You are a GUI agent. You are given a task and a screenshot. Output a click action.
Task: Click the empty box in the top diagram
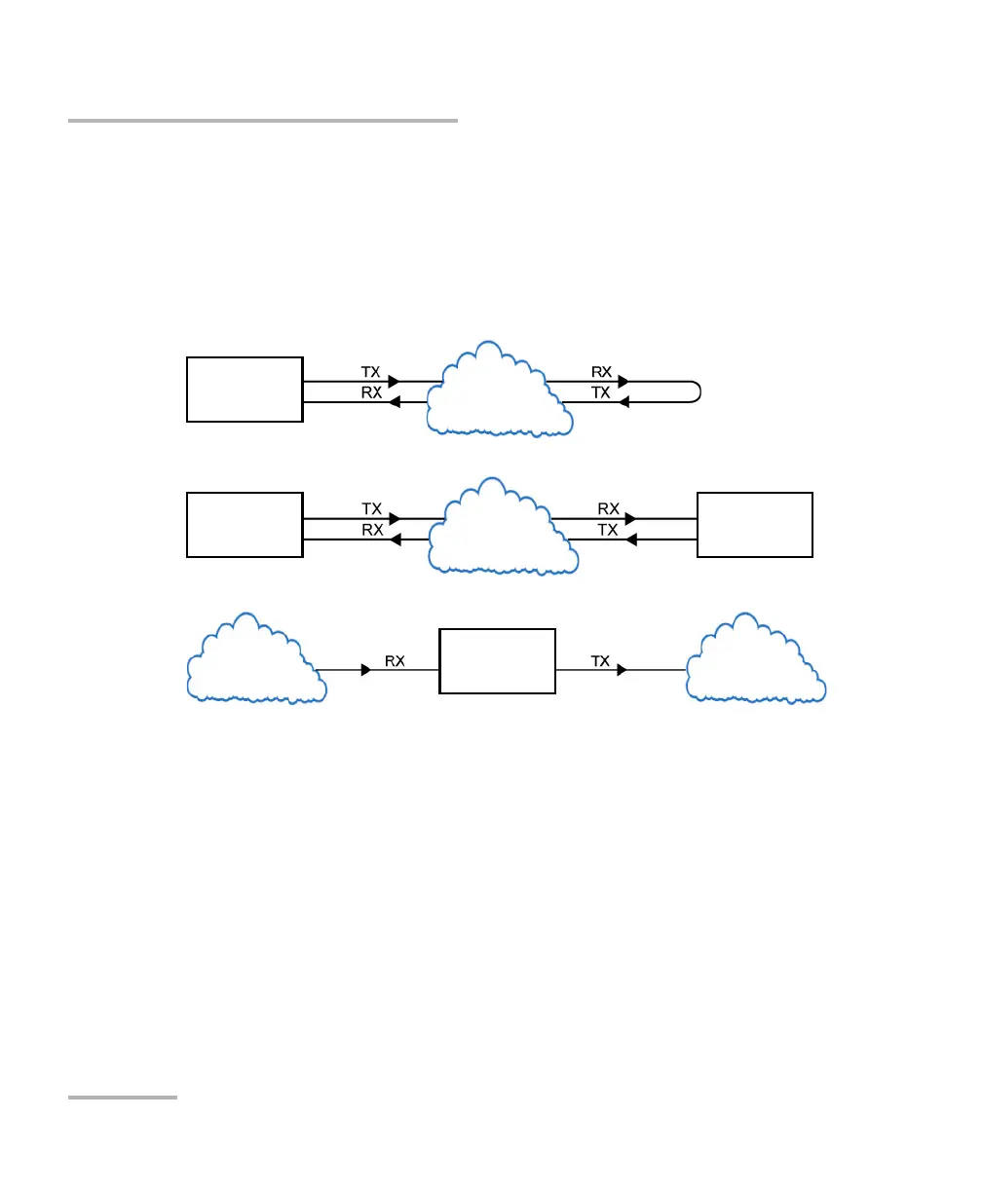point(245,389)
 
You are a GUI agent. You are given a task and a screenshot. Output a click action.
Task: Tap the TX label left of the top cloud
point(371,372)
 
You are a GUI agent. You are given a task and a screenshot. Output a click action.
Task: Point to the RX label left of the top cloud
point(371,392)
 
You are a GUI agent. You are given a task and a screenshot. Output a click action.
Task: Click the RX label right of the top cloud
point(602,372)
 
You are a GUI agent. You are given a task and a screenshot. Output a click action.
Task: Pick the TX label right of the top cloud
point(602,392)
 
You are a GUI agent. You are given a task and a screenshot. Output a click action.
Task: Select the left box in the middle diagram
point(245,525)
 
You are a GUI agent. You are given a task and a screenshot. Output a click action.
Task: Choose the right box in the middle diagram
point(755,525)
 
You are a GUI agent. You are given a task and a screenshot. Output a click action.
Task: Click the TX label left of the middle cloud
point(371,508)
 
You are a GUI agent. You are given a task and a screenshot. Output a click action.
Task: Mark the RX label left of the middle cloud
point(371,530)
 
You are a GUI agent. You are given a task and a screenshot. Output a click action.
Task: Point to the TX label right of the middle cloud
point(608,530)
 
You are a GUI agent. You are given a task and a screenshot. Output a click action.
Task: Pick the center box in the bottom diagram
point(497,661)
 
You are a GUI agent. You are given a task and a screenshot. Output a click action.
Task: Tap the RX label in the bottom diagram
point(395,660)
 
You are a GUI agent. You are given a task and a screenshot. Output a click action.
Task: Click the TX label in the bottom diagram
point(600,660)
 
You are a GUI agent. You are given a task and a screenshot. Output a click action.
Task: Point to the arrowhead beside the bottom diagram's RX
point(365,670)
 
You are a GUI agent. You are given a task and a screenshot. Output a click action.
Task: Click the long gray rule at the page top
point(263,121)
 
